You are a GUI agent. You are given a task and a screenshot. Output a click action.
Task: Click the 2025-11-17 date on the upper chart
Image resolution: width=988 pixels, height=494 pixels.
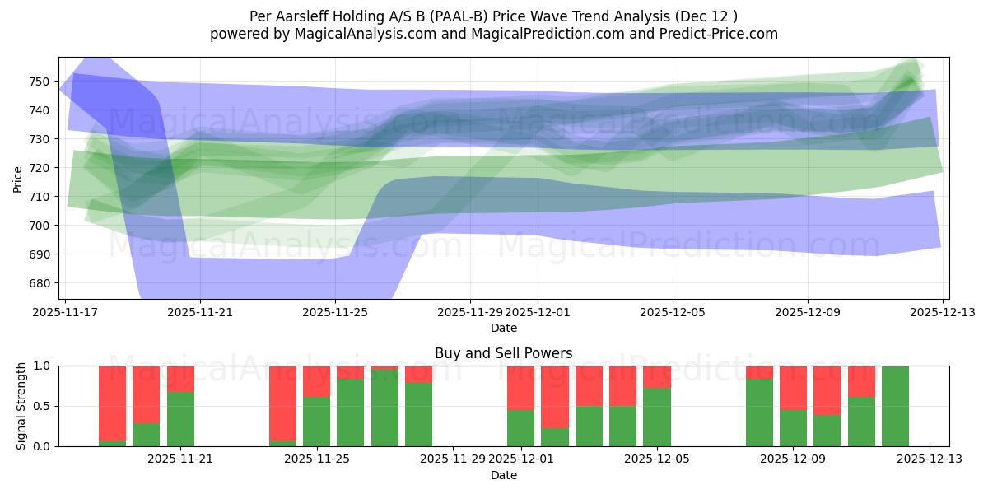[65, 313]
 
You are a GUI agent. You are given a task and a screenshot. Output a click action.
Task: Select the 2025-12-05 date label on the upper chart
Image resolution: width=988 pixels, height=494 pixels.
[673, 313]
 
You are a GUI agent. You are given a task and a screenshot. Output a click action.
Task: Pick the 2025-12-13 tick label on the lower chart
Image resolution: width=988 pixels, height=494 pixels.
[930, 459]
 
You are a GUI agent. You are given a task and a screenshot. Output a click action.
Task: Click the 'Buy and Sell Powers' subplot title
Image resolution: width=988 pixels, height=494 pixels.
[503, 353]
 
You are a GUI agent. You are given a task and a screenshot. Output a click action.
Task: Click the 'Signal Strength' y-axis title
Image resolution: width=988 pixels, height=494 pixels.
[21, 406]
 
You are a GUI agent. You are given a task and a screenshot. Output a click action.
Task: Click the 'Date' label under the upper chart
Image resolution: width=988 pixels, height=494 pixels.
[503, 328]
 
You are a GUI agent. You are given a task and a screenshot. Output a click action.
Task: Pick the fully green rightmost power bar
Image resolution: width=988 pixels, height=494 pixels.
[895, 406]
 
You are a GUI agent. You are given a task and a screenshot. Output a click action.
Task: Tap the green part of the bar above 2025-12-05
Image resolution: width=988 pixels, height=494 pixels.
[657, 417]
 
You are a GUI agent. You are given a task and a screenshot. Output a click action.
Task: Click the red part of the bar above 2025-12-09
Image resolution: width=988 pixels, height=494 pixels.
[793, 387]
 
